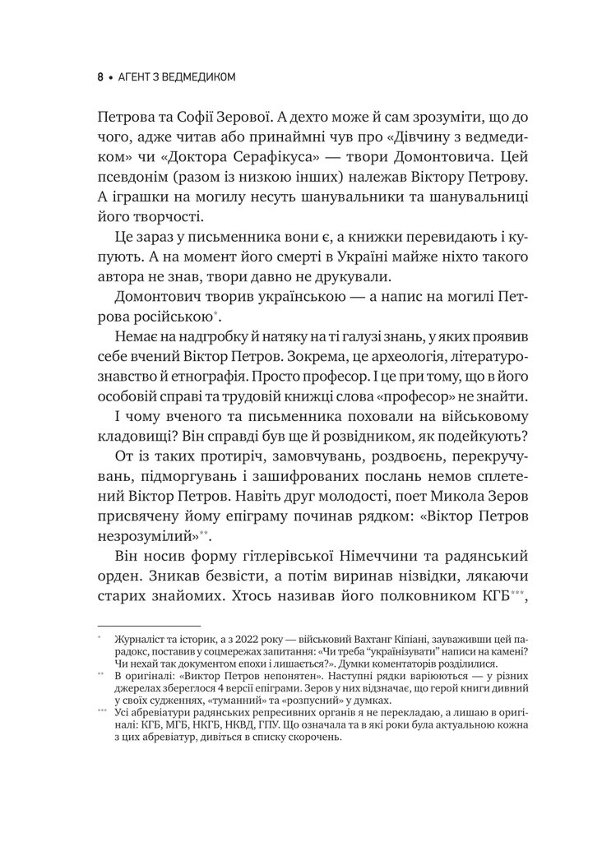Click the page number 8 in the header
click(x=100, y=77)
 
